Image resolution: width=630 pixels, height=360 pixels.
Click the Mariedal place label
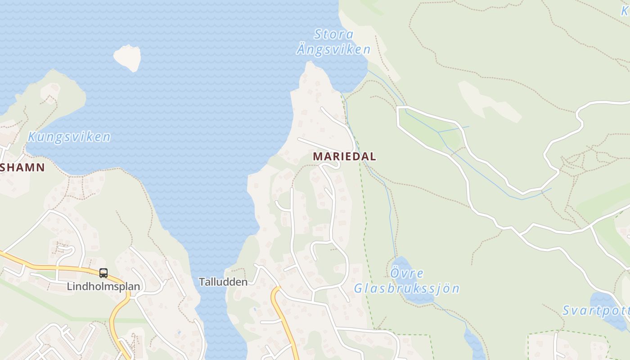pos(344,156)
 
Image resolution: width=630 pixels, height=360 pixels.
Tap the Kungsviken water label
pos(69,137)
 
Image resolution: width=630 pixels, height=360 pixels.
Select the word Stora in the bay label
pos(334,34)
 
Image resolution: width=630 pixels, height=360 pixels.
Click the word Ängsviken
pos(333,49)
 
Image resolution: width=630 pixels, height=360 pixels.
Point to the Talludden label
pos(223,282)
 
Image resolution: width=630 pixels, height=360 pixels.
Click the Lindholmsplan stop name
pos(103,286)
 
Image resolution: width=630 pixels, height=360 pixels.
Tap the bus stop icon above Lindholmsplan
pos(103,273)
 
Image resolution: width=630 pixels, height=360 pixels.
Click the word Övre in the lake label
pos(407,273)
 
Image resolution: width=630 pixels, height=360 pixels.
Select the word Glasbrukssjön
pos(406,288)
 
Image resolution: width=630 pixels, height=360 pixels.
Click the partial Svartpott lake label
pos(596,310)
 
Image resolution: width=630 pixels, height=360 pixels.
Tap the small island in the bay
pos(127,57)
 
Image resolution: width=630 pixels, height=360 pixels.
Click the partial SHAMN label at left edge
pos(22,167)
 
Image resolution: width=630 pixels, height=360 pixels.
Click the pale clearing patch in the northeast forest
pos(486,101)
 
